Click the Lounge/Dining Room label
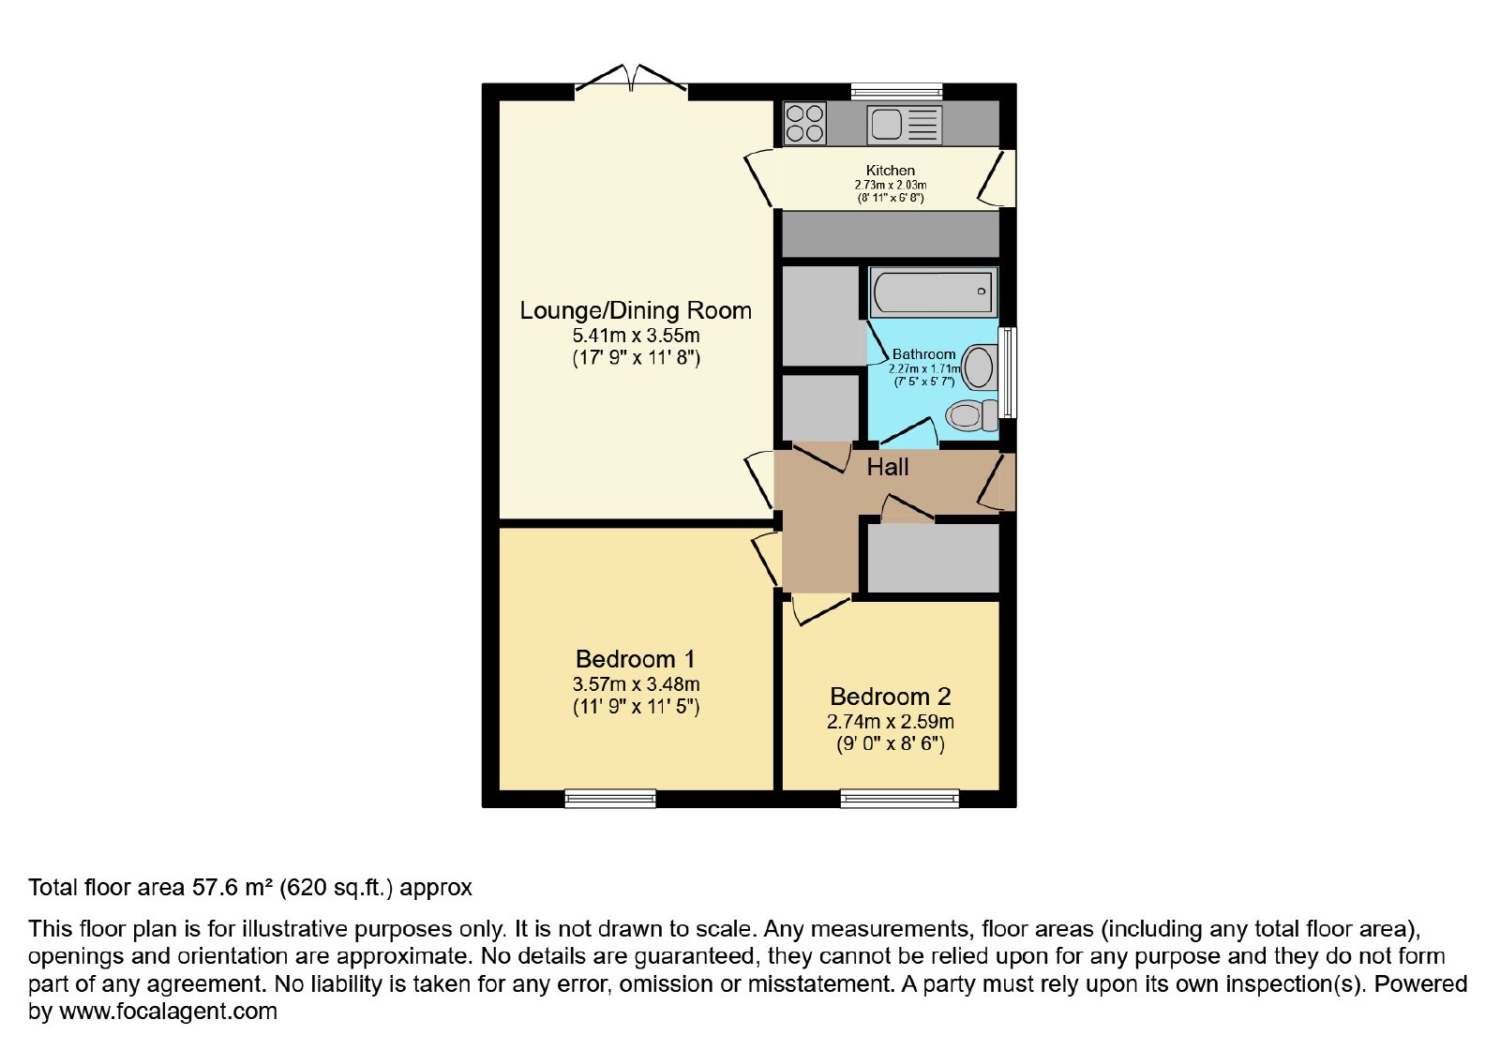(636, 310)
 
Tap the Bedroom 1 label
(636, 660)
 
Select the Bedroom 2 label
(890, 697)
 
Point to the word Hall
(887, 467)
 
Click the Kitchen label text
(890, 170)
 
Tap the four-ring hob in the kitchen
(804, 124)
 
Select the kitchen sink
(904, 125)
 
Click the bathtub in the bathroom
(933, 292)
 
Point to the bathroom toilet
(971, 415)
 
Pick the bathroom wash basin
(979, 367)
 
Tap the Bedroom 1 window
(610, 798)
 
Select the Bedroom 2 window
(900, 798)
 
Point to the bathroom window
(1007, 372)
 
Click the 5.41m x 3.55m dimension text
(636, 336)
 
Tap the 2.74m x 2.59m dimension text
(890, 722)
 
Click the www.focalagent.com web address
(168, 1012)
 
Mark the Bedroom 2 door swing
(819, 608)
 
